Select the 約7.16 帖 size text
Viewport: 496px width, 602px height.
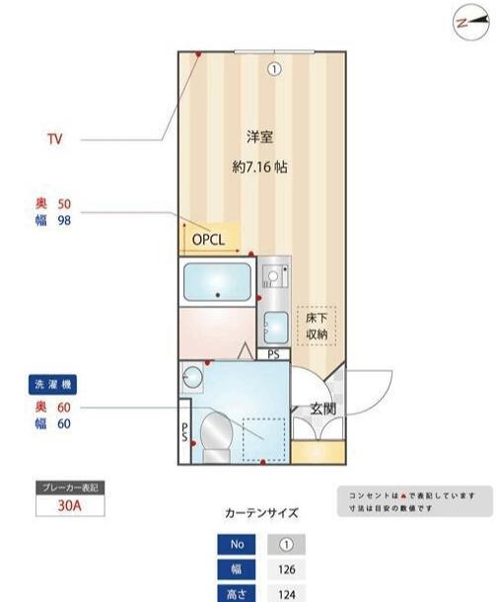[x=259, y=168]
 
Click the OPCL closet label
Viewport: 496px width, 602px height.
[x=209, y=240]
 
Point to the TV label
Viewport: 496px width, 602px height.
[x=55, y=140]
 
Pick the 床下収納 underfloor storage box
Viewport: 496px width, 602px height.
[x=317, y=325]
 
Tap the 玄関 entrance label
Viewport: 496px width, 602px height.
[x=322, y=408]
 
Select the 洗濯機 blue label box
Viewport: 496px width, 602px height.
[x=54, y=383]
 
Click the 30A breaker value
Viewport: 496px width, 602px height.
[x=69, y=507]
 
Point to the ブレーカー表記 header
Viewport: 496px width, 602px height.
[x=69, y=488]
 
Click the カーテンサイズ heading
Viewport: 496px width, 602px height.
[x=261, y=513]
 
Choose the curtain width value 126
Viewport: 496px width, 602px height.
[x=286, y=569]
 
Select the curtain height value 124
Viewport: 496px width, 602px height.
[x=286, y=594]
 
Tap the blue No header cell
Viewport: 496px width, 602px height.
[x=237, y=545]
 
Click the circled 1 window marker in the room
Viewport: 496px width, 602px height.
[x=275, y=69]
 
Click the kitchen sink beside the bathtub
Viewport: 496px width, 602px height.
[x=273, y=323]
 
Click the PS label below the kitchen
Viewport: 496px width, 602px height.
[x=273, y=353]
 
